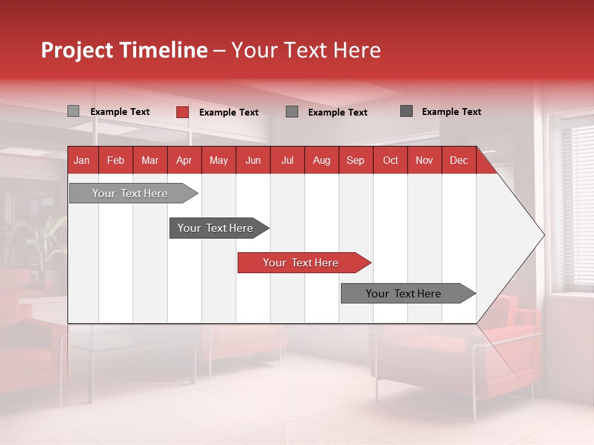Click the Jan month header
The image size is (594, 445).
82,160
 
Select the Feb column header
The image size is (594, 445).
116,160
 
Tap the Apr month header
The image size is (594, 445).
184,160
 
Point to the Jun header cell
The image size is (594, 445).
253,160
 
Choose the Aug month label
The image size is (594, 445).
321,160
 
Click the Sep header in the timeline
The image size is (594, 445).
355,160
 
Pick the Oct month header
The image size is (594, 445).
390,160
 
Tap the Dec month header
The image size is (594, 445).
458,160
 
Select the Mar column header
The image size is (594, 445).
150,160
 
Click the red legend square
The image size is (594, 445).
183,112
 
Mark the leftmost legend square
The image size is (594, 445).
74,111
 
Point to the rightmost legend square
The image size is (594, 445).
407,111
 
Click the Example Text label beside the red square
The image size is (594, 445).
229,112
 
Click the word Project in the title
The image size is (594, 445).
77,50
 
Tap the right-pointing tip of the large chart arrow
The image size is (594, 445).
543,235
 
